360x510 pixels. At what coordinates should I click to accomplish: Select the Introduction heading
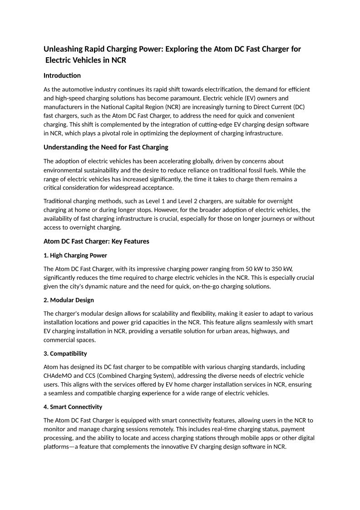tap(62, 75)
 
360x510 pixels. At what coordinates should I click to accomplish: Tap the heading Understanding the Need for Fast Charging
tap(106, 147)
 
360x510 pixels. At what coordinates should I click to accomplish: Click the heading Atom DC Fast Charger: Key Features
tap(96, 242)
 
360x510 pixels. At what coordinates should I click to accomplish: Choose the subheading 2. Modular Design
tap(69, 300)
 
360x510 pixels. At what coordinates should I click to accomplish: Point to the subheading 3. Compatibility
tap(65, 353)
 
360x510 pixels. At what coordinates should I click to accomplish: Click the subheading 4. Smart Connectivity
tap(73, 407)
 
